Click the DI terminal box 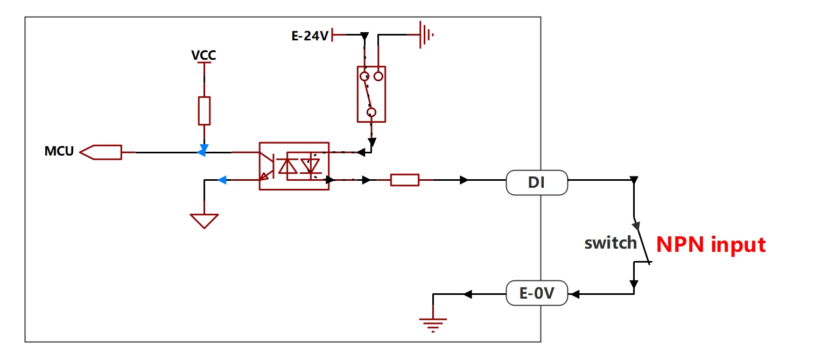click(537, 182)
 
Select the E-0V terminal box click(537, 293)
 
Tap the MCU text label click(59, 151)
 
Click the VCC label click(204, 55)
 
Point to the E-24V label click(310, 36)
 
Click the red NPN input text click(711, 245)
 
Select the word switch click(611, 243)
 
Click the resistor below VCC click(204, 111)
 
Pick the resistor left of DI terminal click(405, 180)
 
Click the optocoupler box click(294, 166)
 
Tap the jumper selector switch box click(371, 94)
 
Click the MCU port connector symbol click(101, 152)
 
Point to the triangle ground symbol click(204, 221)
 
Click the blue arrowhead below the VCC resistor click(204, 148)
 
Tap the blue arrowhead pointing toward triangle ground click(222, 180)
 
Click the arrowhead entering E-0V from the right click(575, 294)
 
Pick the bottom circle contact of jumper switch click(371, 112)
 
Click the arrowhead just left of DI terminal click(464, 180)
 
